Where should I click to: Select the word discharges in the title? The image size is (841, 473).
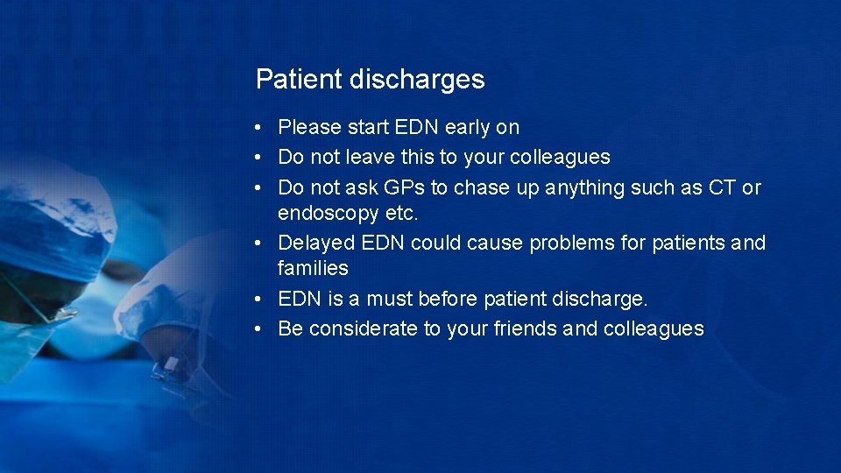(x=417, y=80)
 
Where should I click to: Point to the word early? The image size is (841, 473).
(x=468, y=128)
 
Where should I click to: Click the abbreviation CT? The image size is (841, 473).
(x=723, y=187)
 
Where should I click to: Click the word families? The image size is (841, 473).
(x=313, y=268)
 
